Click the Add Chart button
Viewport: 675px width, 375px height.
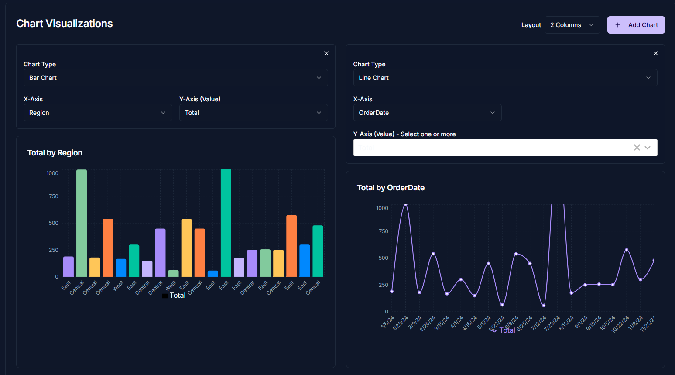pyautogui.click(x=636, y=25)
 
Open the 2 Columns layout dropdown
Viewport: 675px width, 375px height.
pyautogui.click(x=572, y=25)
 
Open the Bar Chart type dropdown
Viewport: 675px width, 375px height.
pyautogui.click(x=175, y=78)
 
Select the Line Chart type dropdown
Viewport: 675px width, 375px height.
pyautogui.click(x=505, y=78)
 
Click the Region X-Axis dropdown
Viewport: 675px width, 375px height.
pyautogui.click(x=97, y=113)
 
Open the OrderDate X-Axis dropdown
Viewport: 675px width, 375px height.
pyautogui.click(x=427, y=113)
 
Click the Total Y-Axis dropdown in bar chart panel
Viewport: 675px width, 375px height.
pyautogui.click(x=253, y=113)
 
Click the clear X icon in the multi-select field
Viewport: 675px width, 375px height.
pyautogui.click(x=637, y=148)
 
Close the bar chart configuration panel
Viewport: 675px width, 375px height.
pyautogui.click(x=326, y=53)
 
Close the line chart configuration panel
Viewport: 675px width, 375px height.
pyautogui.click(x=655, y=53)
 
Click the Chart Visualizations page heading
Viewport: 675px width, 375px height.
pyautogui.click(x=65, y=24)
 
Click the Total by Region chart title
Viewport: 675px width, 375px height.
pyautogui.click(x=55, y=153)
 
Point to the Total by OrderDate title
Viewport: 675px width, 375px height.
pyautogui.click(x=391, y=188)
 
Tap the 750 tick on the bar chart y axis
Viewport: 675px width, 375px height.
pyautogui.click(x=54, y=196)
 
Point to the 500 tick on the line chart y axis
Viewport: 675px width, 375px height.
pyautogui.click(x=383, y=258)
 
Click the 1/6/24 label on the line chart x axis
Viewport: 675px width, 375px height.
pyautogui.click(x=387, y=322)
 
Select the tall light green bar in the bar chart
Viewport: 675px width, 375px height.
pyautogui.click(x=82, y=223)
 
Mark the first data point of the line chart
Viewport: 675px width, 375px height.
pyautogui.click(x=392, y=291)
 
